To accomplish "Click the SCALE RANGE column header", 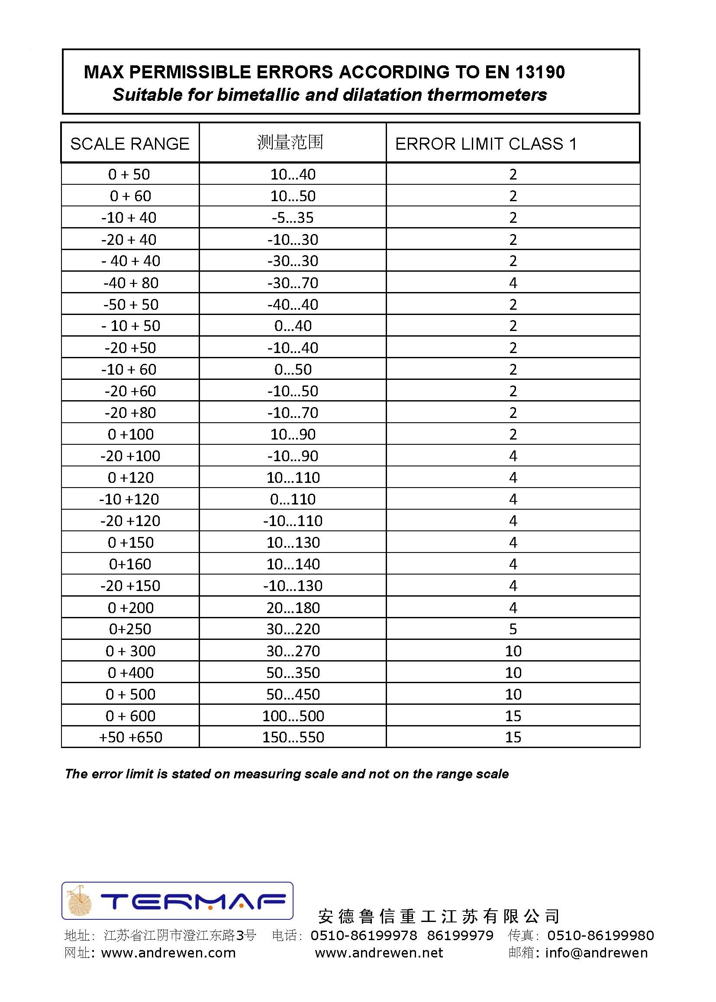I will point(129,144).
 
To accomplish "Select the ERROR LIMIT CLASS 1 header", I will point(485,144).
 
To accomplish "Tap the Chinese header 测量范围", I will point(290,142).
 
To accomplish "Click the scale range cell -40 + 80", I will point(130,283).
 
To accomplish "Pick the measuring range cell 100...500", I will point(293,716).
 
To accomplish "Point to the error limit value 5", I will point(513,629).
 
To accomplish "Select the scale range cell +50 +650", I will point(130,737).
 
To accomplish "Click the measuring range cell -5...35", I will point(293,218).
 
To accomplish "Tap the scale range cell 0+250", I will point(130,629).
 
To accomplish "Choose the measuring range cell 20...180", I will point(293,607).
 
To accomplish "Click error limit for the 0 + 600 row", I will point(513,716).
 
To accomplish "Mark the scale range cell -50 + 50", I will point(130,305).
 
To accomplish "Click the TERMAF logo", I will point(177,901).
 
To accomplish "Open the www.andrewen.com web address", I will point(168,953).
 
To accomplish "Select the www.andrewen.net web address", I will point(379,953).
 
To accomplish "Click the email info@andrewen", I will point(596,953).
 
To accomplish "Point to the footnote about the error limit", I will point(287,774).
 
